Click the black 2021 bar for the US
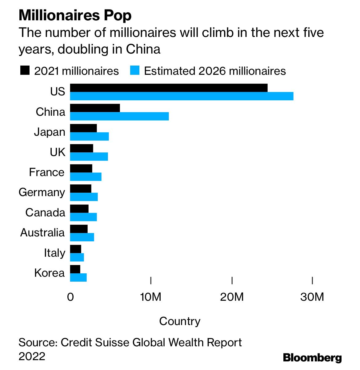click(x=169, y=88)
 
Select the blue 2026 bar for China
click(x=119, y=116)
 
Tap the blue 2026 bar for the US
click(x=182, y=96)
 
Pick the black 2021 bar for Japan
click(x=83, y=128)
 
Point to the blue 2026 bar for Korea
click(x=78, y=277)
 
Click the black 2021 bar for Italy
click(x=76, y=249)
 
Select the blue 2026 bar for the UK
click(x=89, y=156)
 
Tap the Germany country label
click(x=42, y=192)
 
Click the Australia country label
click(x=42, y=233)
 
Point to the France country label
click(x=47, y=172)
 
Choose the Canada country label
click(x=45, y=212)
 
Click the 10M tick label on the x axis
click(x=150, y=297)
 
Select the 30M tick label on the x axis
click(x=312, y=297)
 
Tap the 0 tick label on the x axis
click(x=70, y=297)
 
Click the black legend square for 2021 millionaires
click(x=25, y=70)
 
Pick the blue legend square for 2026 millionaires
click(x=135, y=70)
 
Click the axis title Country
click(x=180, y=321)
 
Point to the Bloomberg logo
click(x=312, y=358)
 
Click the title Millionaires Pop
click(x=75, y=15)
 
